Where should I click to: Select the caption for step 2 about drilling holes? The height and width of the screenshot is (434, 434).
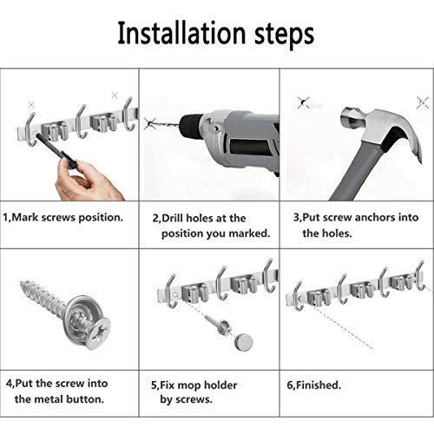point(211,225)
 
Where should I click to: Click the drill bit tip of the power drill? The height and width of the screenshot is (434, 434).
point(157,123)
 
